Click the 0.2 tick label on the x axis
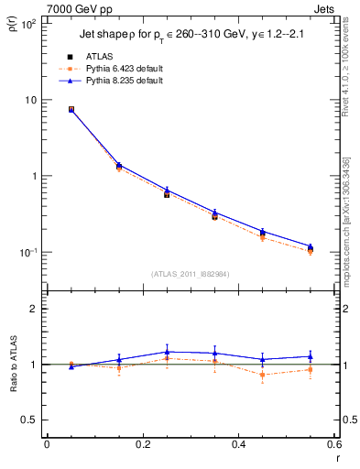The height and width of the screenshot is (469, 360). (142, 444)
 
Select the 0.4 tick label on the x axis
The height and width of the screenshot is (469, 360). (238, 444)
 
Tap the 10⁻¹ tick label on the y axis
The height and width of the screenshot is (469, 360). (27, 252)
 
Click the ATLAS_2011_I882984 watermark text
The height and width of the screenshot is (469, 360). (191, 273)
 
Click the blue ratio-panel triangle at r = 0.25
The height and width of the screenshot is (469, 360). (167, 352)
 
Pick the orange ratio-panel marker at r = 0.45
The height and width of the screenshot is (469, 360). (263, 375)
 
